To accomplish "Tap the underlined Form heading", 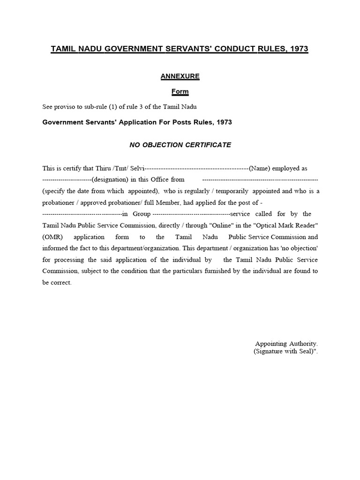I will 180,91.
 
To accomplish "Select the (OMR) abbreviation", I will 52,237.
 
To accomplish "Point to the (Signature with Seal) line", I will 285,351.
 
